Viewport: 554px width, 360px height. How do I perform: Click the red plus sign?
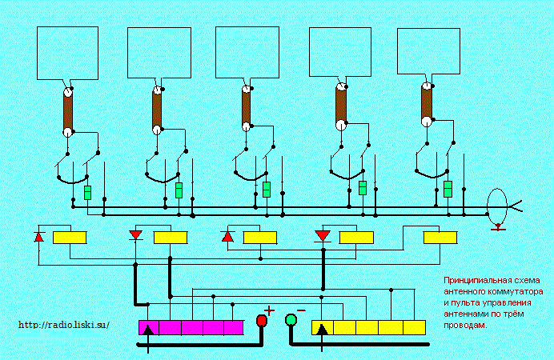pos(269,310)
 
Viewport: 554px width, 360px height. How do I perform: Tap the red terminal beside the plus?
pos(262,321)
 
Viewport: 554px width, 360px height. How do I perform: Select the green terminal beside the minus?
pos(291,320)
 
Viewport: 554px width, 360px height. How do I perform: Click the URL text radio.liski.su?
pos(64,325)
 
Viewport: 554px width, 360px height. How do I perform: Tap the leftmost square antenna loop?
pos(67,53)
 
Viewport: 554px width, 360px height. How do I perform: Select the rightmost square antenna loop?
pos(428,51)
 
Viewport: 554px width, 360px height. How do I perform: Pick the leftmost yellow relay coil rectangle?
pos(70,238)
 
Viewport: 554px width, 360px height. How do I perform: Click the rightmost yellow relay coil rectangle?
pos(440,238)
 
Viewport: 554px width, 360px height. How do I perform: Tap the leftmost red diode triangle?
pos(39,237)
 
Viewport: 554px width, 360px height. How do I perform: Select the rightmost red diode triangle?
pos(322,236)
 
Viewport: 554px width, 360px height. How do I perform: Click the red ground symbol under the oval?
pos(498,228)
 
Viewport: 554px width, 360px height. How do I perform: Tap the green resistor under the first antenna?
pos(87,193)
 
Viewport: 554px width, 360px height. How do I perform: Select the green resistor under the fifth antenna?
pos(448,189)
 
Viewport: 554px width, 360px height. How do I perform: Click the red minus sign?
pos(301,310)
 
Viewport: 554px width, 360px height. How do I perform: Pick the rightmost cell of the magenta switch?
pos(234,327)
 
